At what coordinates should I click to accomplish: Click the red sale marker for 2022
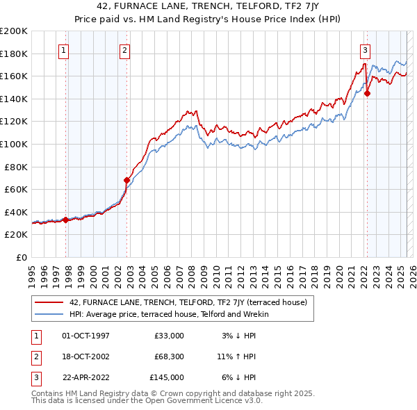click(x=367, y=93)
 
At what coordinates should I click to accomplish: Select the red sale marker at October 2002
click(x=126, y=180)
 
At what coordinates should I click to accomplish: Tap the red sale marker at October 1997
click(x=65, y=220)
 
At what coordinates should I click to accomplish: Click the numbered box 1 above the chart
click(x=63, y=50)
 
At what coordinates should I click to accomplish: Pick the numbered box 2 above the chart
click(x=124, y=50)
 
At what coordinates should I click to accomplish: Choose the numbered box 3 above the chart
click(x=364, y=50)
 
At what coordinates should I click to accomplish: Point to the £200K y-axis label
click(x=14, y=31)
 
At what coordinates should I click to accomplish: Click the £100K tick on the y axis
click(x=14, y=144)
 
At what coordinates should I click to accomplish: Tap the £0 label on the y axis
click(x=22, y=257)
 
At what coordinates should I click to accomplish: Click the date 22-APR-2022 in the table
click(x=85, y=377)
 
